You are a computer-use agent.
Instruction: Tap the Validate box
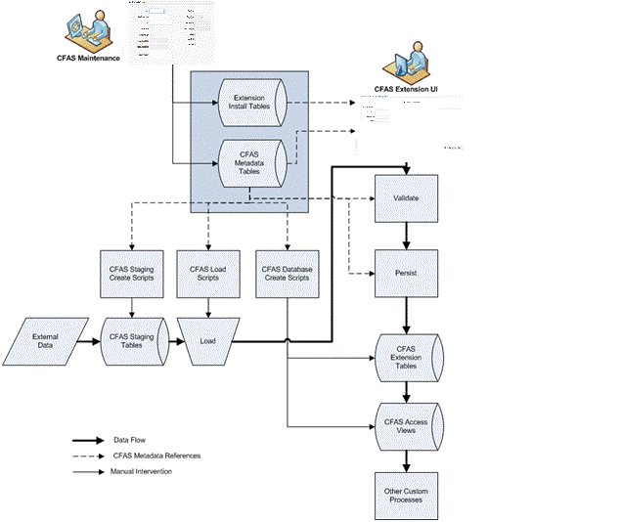pos(406,198)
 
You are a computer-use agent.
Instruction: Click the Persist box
pos(406,273)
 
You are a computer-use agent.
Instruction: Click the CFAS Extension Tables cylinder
pos(406,359)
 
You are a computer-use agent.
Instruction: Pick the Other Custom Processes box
pos(406,494)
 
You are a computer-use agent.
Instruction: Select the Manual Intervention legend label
pos(143,472)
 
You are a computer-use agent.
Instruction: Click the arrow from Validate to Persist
pos(406,236)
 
